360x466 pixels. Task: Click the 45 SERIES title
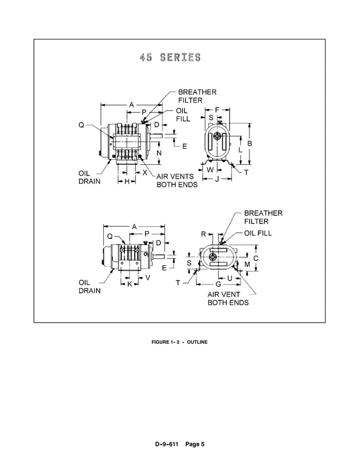point(169,58)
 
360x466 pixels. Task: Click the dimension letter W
point(210,170)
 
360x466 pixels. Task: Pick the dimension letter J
point(217,179)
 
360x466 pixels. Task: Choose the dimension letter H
point(127,181)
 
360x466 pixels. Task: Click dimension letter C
point(255,258)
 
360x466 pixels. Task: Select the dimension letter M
point(247,264)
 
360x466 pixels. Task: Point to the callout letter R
point(203,234)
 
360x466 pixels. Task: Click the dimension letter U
point(230,278)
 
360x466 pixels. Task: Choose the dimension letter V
point(148,278)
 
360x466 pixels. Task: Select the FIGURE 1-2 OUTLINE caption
point(179,342)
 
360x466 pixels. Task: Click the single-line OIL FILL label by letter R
point(258,232)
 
